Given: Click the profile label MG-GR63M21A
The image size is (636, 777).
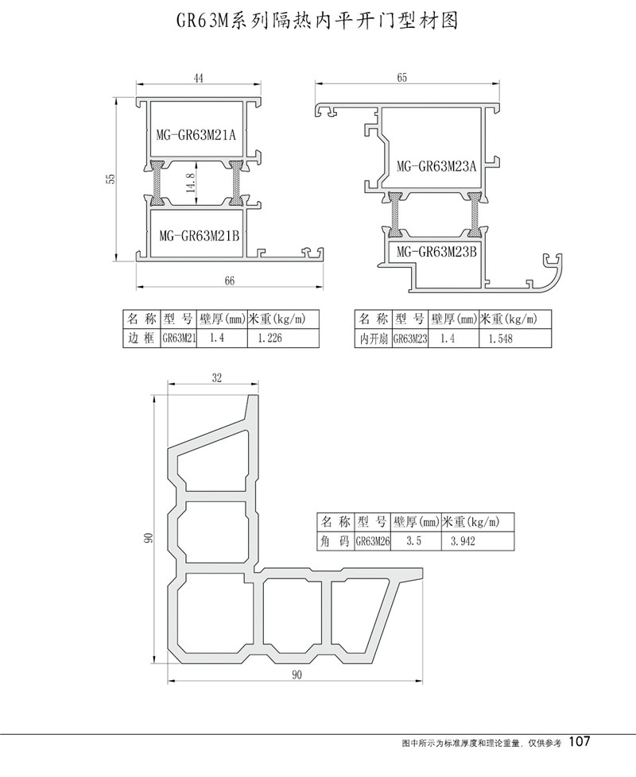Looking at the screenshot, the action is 196,134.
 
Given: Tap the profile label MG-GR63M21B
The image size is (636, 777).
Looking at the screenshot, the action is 200,235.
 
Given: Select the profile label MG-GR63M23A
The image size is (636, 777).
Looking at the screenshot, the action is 436,166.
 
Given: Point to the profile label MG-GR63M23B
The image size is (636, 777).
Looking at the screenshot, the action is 436,252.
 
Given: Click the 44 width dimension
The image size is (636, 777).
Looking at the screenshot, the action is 199,78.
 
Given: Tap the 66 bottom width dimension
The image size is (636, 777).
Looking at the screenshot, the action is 229,281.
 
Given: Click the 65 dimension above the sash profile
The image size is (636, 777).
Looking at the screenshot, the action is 402,77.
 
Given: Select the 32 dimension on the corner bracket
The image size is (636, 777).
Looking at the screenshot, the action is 217,377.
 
